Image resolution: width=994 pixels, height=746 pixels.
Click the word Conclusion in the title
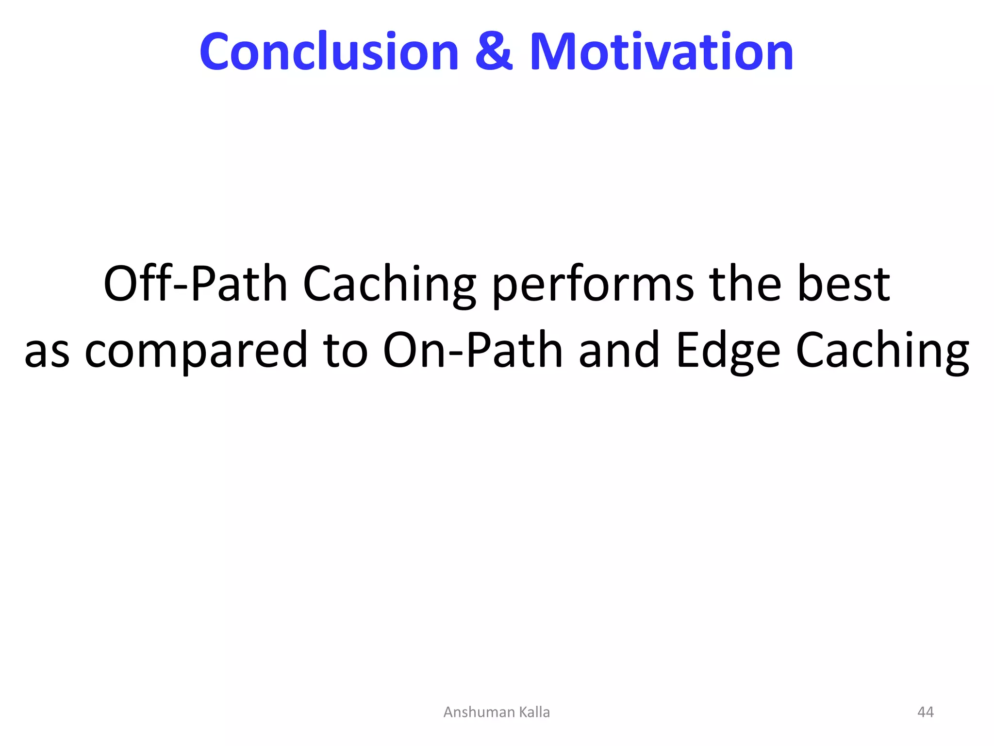point(329,51)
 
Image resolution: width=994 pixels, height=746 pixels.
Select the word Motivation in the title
point(662,51)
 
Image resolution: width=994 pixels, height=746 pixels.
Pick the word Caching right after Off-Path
point(389,286)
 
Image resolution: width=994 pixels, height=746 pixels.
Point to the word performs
point(593,286)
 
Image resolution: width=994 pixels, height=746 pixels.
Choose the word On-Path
point(473,350)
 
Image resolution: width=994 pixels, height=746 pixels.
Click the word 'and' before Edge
point(619,350)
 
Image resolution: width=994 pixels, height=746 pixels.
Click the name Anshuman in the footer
point(479,712)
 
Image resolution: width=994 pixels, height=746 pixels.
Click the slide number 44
point(925,712)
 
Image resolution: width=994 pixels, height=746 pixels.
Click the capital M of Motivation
point(556,51)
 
